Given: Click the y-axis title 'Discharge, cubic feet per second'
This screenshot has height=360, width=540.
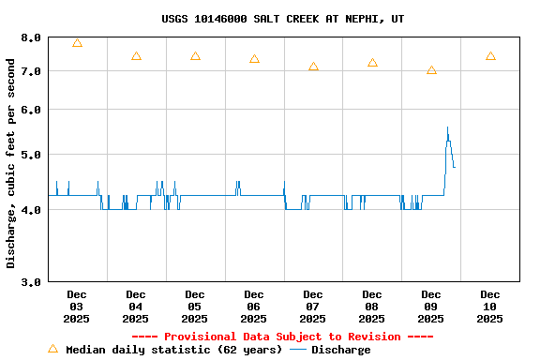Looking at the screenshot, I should click(x=11, y=163).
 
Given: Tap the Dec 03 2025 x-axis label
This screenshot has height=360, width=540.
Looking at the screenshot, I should click(x=77, y=307).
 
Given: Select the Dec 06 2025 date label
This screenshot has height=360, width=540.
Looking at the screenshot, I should click(x=254, y=307).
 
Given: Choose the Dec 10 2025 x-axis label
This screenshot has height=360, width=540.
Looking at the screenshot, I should click(x=490, y=307).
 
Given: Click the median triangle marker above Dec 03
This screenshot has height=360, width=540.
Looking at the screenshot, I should click(x=77, y=43).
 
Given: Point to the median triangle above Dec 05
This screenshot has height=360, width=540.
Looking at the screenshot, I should click(x=195, y=56).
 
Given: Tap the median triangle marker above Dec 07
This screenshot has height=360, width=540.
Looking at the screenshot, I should click(x=313, y=67).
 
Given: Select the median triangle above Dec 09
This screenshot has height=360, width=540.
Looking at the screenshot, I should click(x=431, y=70).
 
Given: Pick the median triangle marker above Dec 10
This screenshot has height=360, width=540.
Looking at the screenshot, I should click(x=490, y=56).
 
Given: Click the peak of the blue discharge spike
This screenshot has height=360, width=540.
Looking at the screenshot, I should click(x=447, y=127).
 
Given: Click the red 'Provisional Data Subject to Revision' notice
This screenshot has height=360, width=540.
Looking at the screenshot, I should click(x=283, y=337).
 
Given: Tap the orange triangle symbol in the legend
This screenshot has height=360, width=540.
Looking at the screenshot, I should click(x=52, y=349).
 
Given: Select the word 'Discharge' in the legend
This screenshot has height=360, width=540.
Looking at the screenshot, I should click(x=340, y=350).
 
